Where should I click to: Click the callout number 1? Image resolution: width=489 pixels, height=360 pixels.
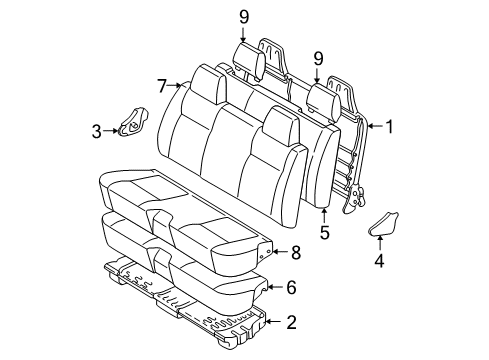[x=391, y=127]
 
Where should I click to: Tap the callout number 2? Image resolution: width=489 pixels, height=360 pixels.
[x=291, y=322]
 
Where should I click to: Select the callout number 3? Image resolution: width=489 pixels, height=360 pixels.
[x=97, y=129]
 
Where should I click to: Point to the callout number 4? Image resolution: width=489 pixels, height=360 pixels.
[x=380, y=263]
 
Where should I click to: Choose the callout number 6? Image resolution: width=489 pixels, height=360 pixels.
[x=291, y=287]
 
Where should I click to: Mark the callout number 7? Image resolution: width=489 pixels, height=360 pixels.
[x=162, y=87]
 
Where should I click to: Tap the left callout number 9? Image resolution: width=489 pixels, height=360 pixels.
[x=243, y=15]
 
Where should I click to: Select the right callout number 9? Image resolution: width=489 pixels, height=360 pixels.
[x=319, y=58]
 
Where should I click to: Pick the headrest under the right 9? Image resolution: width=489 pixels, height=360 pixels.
[x=320, y=98]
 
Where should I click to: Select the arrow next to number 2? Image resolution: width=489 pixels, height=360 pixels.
[x=274, y=322]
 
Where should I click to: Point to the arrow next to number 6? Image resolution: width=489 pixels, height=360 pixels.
[x=273, y=288]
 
